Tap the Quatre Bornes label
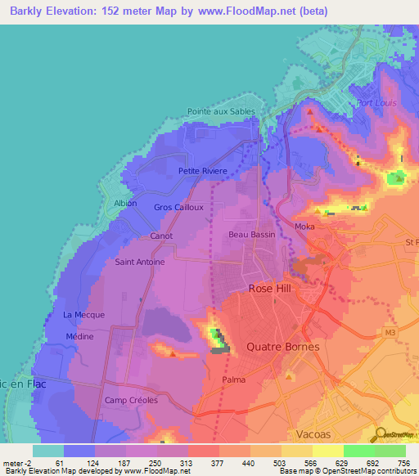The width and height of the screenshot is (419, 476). pos(277,347)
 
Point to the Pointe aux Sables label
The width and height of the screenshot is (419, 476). pos(221,111)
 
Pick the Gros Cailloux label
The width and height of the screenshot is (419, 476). pos(178,207)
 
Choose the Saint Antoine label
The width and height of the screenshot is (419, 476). pos(140,263)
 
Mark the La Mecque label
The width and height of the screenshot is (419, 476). pos(80,315)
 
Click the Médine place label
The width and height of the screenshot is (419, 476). pos(79,336)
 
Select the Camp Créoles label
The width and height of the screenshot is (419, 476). pos(131,400)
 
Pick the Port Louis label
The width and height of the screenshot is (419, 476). pos(376,103)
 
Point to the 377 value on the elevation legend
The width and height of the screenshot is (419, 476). pos(219,464)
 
